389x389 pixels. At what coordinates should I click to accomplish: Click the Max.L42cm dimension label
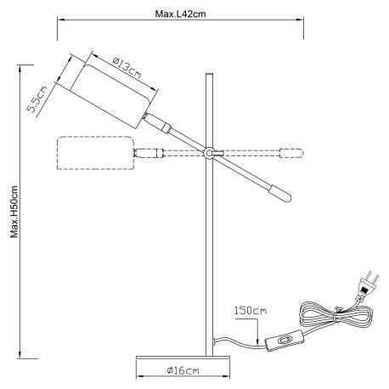[x=180, y=14]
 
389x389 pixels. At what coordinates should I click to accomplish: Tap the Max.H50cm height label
[x=14, y=211]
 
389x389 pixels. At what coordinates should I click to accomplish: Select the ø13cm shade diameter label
[x=127, y=68]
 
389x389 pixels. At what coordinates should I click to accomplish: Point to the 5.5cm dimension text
[x=37, y=99]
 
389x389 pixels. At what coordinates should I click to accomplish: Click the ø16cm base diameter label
[x=183, y=370]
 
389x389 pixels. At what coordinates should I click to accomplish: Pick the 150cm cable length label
[x=251, y=311]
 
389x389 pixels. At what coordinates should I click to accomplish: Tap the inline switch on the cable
[x=285, y=340]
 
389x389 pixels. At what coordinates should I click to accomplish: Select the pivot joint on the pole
[x=209, y=153]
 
